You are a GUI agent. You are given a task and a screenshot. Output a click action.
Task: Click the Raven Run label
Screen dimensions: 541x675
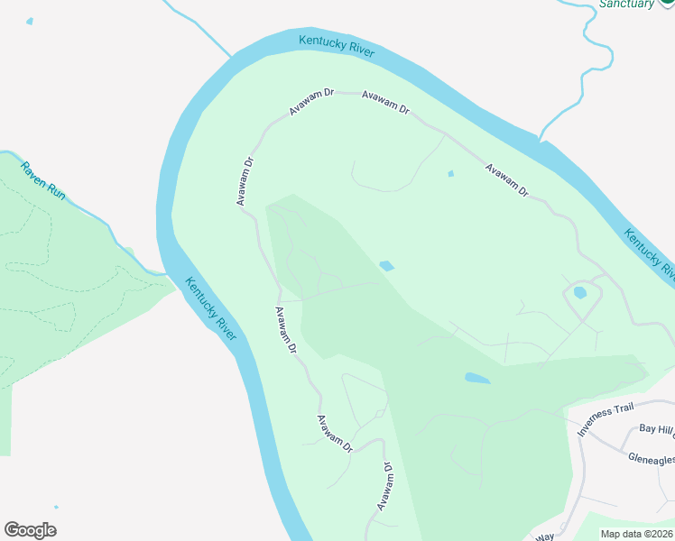click(43, 181)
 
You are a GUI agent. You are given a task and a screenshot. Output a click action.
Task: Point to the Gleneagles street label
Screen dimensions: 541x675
click(651, 459)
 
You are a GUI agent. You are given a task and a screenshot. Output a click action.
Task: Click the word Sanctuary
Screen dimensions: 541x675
click(626, 5)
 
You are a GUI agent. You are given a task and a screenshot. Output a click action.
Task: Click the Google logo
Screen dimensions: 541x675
click(30, 530)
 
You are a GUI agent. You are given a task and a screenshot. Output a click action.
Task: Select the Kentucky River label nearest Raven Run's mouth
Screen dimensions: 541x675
click(211, 308)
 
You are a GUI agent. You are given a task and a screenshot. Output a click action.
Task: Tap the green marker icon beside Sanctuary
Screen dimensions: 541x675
click(667, 4)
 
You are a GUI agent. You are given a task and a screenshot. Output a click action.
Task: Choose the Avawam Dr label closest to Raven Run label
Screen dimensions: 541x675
click(245, 181)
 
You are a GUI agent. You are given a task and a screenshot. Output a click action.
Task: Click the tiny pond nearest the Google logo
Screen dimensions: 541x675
click(56, 508)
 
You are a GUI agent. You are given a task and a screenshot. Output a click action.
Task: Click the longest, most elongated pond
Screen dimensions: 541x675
click(476, 379)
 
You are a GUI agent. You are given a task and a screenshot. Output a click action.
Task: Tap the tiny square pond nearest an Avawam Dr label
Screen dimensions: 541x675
click(450, 174)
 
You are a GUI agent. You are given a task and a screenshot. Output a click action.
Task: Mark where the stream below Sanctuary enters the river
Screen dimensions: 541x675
click(541, 140)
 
